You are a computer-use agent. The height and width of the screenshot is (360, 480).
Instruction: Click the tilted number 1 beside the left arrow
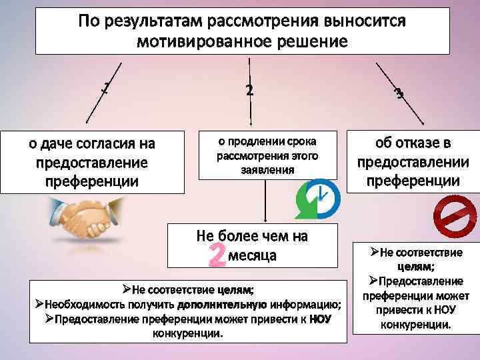tap(105, 87)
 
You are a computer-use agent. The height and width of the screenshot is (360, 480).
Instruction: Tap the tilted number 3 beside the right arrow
tap(399, 93)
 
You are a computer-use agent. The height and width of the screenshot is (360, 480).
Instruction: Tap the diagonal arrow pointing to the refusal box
tap(401, 93)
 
